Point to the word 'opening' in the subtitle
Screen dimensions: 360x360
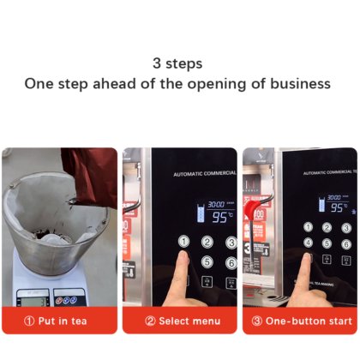coord(213,84)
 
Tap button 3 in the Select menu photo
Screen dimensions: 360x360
coord(230,243)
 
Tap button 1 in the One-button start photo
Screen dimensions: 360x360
coord(308,228)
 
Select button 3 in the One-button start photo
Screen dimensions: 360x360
coord(346,228)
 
